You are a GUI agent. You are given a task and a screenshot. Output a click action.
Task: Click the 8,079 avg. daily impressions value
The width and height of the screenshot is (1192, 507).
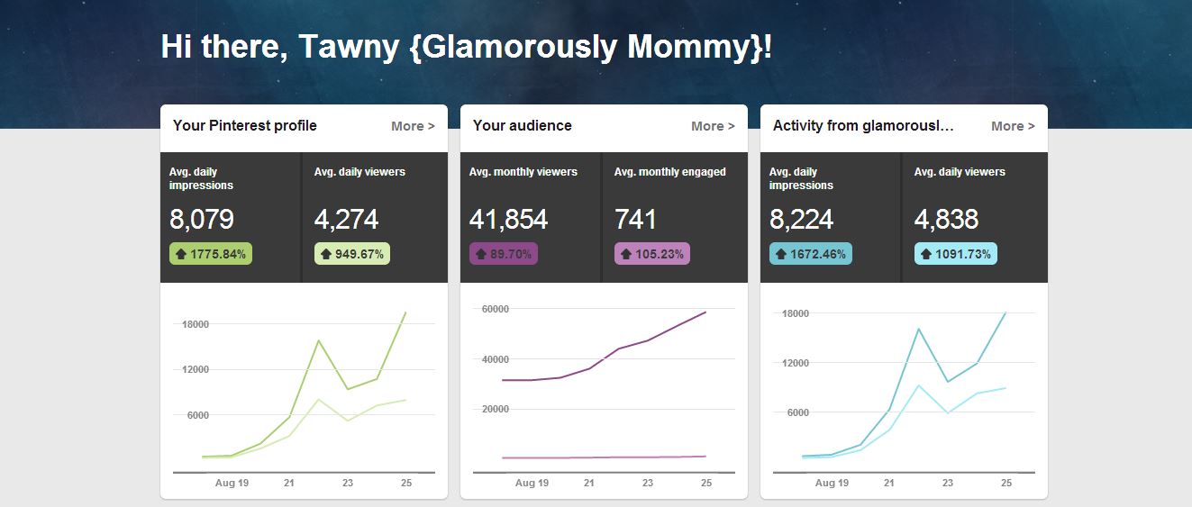click(x=202, y=220)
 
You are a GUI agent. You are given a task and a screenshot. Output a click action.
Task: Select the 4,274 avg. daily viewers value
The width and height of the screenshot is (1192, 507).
click(x=346, y=220)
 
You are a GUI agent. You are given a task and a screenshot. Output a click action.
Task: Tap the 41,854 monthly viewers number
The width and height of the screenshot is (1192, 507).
click(x=508, y=220)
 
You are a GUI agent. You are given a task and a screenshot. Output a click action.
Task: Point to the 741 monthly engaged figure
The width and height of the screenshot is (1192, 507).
click(x=635, y=220)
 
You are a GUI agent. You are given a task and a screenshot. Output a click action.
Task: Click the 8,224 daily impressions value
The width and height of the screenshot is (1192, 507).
click(x=801, y=220)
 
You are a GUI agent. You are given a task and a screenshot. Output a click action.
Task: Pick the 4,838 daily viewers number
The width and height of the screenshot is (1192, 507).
click(x=946, y=220)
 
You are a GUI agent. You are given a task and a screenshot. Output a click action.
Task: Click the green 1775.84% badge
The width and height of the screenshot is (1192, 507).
click(x=211, y=254)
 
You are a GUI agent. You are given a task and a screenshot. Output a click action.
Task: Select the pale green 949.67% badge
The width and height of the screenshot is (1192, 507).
click(x=352, y=254)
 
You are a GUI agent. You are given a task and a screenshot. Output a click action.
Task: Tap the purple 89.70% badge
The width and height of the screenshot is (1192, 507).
click(x=503, y=254)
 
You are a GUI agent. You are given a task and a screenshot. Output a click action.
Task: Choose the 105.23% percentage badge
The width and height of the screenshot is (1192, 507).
click(x=652, y=254)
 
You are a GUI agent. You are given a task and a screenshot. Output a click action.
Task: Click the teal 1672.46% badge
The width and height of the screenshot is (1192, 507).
click(x=810, y=254)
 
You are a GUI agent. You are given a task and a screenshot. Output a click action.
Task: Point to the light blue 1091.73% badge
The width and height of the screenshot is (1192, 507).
click(x=955, y=254)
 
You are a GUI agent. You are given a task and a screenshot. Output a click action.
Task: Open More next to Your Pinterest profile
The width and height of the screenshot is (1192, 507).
click(x=413, y=126)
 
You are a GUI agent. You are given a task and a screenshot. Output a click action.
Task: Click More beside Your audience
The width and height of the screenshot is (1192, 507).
click(x=713, y=126)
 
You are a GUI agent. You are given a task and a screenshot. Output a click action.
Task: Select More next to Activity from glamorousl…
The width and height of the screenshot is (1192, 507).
click(x=1013, y=126)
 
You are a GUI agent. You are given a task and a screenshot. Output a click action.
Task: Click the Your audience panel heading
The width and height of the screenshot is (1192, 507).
click(x=523, y=126)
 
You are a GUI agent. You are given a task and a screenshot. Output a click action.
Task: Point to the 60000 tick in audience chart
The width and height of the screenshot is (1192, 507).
click(x=496, y=309)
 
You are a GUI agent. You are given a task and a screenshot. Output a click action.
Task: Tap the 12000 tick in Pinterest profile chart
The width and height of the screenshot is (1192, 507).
click(x=196, y=369)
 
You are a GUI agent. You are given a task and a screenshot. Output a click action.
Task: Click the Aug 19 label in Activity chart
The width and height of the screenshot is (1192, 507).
click(x=832, y=484)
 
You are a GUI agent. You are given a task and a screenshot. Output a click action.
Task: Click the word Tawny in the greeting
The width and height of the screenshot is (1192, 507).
click(x=349, y=48)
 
